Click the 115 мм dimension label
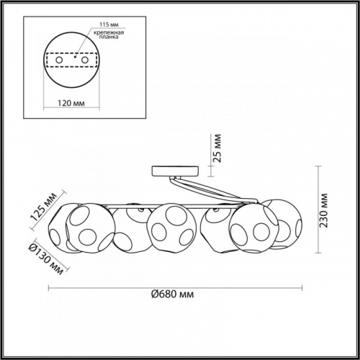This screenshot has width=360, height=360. click(109, 24)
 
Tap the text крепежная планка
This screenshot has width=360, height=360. click(109, 35)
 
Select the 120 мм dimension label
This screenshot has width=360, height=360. click(71, 103)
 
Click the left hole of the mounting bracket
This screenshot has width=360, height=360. click(59, 60)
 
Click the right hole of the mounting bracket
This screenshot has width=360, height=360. click(85, 60)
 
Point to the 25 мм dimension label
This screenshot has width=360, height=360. click(217, 148)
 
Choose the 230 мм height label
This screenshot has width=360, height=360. click(324, 210)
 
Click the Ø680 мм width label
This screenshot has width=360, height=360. click(172, 294)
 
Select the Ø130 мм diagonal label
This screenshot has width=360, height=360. click(46, 259)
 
